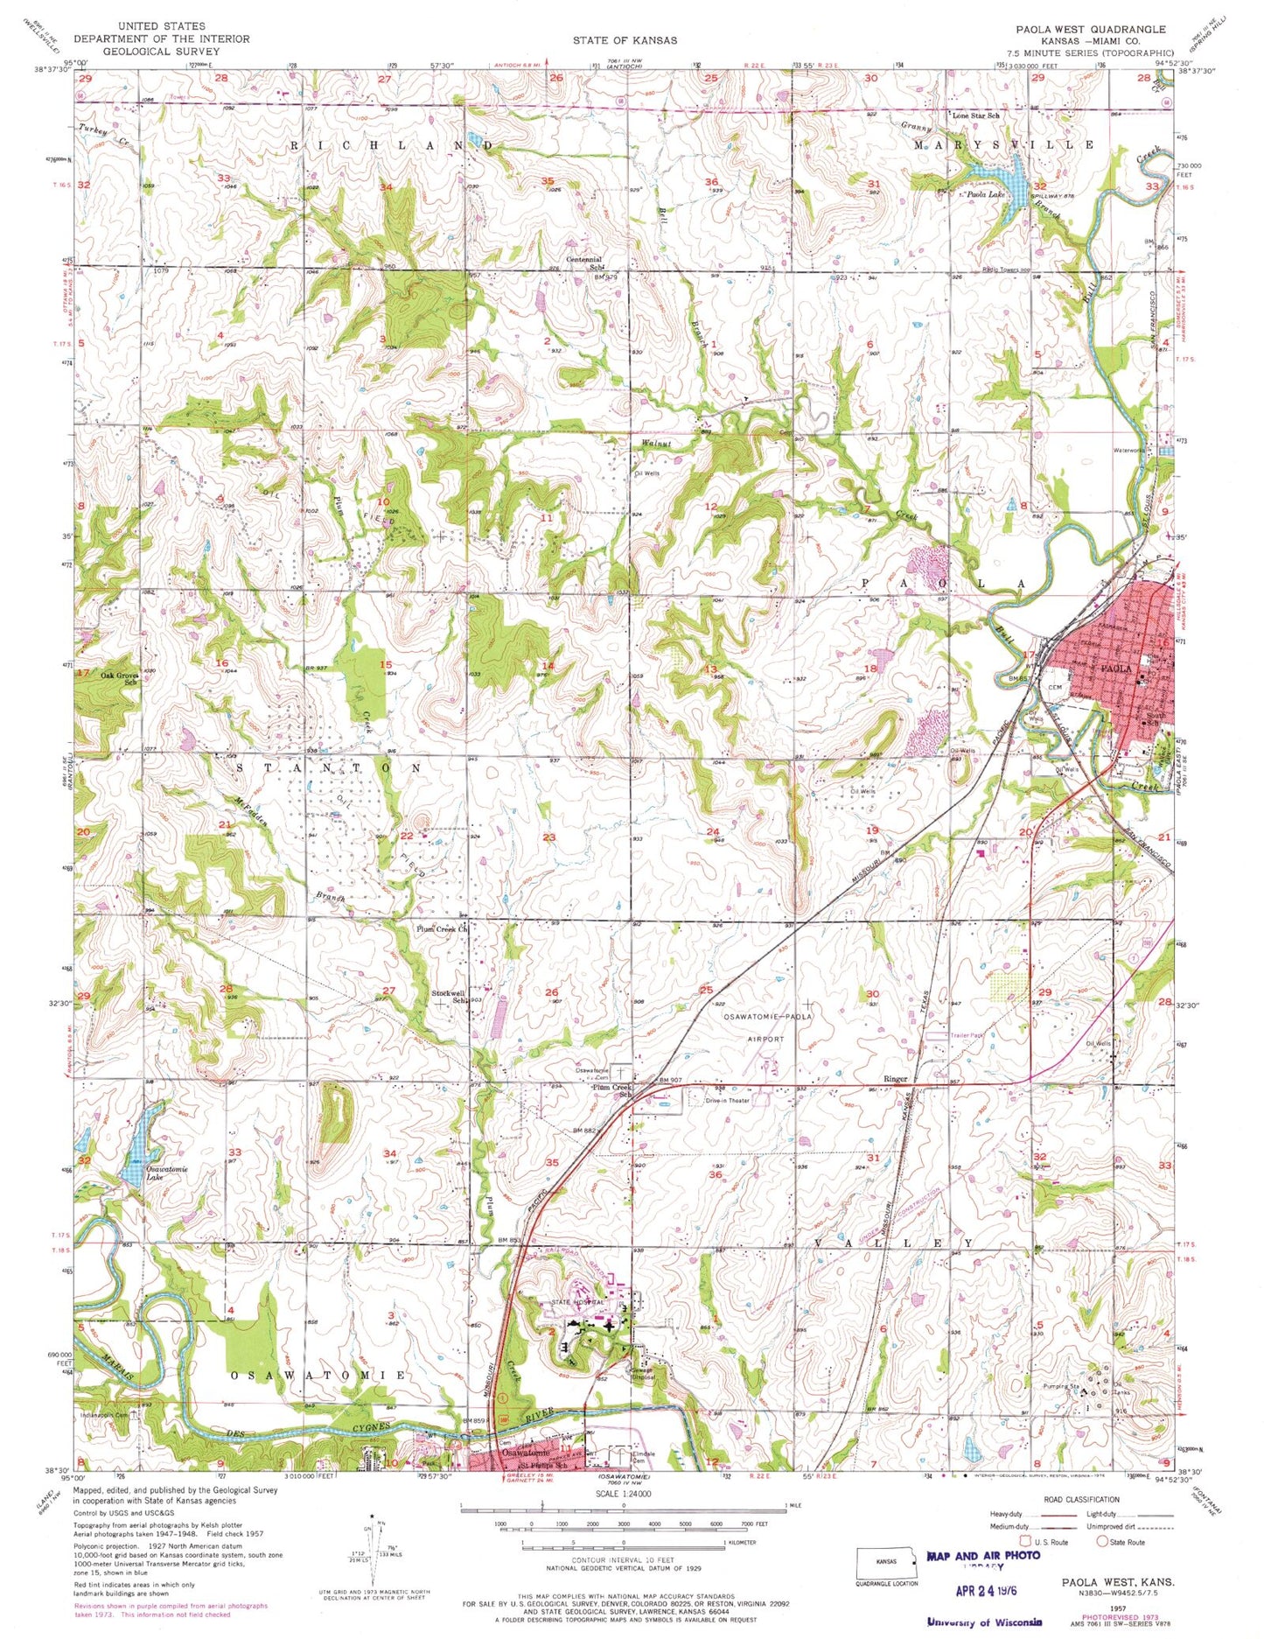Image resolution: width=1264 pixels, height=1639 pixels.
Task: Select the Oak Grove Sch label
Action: pos(120,678)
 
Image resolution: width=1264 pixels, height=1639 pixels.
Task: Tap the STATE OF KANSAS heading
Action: pos(625,40)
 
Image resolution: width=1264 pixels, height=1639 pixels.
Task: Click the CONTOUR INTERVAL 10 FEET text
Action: pos(623,1560)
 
